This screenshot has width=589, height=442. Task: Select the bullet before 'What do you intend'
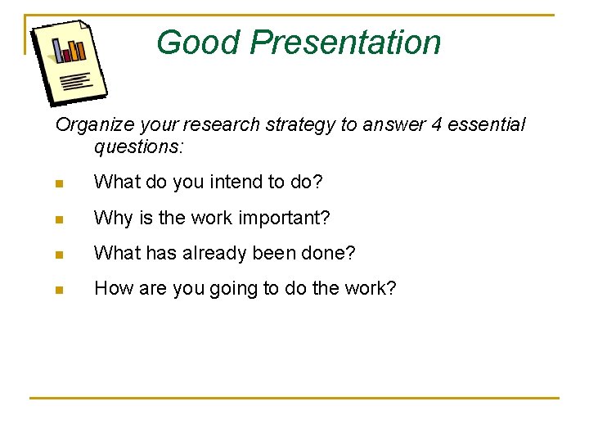pos(59,183)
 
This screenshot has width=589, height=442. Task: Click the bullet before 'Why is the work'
pos(59,219)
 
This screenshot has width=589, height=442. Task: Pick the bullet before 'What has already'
pos(59,254)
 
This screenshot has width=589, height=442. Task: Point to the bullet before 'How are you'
pos(59,289)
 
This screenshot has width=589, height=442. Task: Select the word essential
pos(488,125)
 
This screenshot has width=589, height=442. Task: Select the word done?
pos(331,253)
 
